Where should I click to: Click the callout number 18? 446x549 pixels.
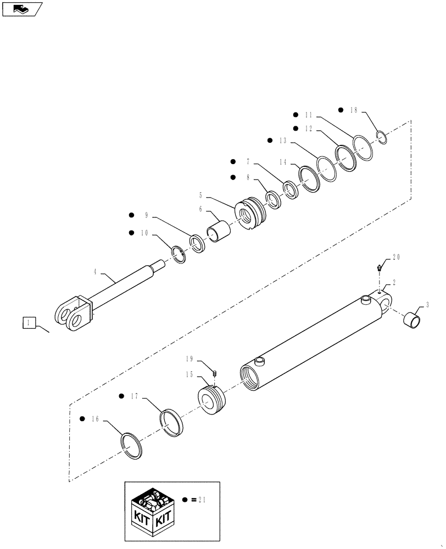coord(353,110)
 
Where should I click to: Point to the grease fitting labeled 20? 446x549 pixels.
coord(378,268)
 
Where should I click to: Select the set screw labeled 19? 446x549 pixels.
coord(216,373)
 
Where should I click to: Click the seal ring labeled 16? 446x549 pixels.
coord(132,445)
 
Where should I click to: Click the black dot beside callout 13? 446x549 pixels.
coord(270,141)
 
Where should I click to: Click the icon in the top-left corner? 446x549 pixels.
coord(21,9)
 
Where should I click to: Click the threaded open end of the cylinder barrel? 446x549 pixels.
coord(250,378)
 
